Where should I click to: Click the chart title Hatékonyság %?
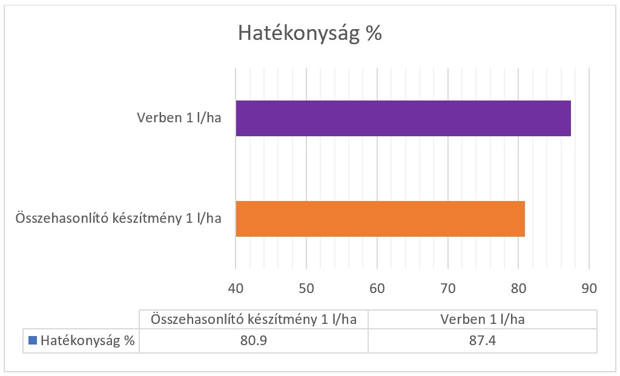pos(309,33)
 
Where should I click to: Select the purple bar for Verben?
pos(403,119)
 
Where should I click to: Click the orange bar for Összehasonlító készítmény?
pos(380,219)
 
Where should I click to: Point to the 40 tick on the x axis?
pos(236,289)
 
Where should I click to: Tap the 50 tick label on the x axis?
pos(306,289)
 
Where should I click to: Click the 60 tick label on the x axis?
pos(377,289)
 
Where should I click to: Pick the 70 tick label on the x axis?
pos(448,289)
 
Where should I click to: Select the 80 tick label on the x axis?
pos(518,289)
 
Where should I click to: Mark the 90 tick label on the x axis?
pos(589,289)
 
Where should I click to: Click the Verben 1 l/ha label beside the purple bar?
pos(179,119)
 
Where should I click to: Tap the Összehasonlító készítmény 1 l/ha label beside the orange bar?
pos(117,219)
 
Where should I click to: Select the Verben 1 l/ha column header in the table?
pos(483,319)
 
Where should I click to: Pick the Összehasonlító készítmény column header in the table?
pos(254,319)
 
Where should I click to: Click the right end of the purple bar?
pos(569,119)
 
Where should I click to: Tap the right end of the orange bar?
pos(523,219)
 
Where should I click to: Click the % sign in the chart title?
pos(374,33)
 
